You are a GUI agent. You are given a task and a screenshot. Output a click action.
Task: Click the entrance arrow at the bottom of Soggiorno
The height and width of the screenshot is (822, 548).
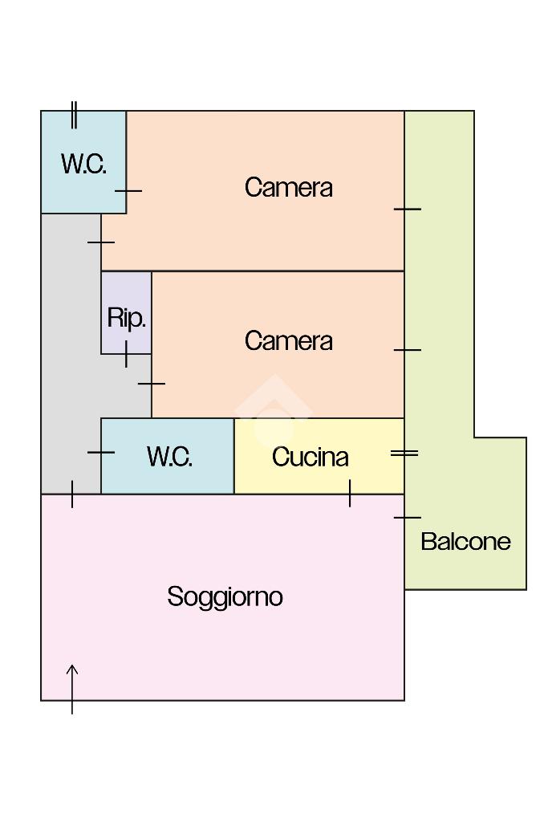pos(72,688)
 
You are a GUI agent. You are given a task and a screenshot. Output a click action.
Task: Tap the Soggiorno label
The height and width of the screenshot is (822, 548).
pos(225,597)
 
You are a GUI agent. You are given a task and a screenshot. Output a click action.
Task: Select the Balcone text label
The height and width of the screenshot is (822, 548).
pos(465,541)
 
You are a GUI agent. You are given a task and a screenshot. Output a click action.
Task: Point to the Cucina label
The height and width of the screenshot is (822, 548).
pos(311,457)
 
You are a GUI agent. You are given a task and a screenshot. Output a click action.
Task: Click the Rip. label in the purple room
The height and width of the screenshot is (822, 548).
pos(126,318)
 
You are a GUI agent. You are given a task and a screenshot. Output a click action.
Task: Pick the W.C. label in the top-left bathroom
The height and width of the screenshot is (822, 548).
pos(83,164)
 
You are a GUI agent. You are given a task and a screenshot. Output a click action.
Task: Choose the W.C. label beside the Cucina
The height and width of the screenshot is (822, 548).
pos(169,457)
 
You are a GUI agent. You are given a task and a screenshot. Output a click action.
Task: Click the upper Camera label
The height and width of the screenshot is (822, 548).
pos(288,187)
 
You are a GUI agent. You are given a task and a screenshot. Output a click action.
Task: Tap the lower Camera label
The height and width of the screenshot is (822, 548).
pos(288,340)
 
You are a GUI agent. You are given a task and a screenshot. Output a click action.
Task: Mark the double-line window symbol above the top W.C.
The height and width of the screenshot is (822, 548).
pos(74,115)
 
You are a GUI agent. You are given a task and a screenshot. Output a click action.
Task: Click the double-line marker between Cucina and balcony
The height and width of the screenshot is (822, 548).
pos(404,454)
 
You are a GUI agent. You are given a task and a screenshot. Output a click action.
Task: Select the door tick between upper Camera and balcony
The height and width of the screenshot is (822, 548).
pos(407,209)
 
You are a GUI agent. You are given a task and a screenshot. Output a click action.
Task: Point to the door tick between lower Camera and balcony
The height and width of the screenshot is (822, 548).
pos(407,349)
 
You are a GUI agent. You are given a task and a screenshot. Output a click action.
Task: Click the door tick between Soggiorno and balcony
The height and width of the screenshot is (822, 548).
pos(407,518)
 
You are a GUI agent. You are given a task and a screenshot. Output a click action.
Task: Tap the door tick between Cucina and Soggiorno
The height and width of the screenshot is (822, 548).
pos(350,493)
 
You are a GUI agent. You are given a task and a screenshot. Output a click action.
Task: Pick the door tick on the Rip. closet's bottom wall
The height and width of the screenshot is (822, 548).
pos(126,353)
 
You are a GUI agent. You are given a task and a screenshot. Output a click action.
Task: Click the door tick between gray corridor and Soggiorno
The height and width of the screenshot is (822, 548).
pos(72,494)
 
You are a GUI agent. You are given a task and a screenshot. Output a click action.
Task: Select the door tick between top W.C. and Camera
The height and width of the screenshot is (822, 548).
pos(128,191)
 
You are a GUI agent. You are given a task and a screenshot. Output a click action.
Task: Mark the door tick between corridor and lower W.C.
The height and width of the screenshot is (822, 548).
pos(101,453)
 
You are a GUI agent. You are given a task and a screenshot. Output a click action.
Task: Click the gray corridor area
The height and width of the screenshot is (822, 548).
pos(71,353)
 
